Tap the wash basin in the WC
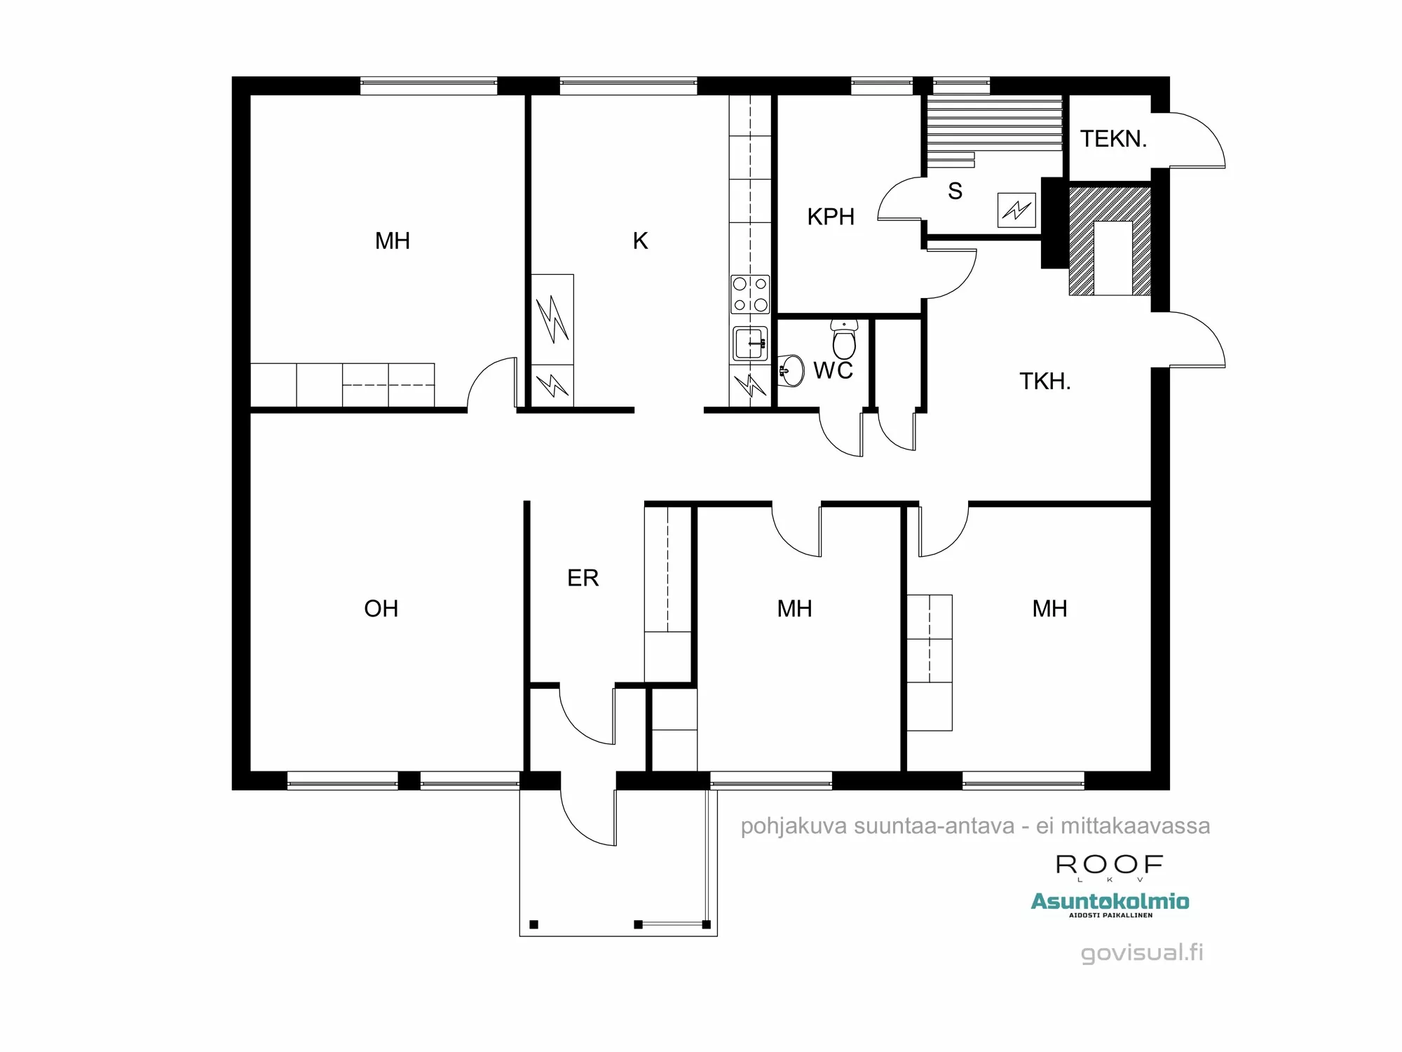[x=791, y=370]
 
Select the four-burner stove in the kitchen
[x=750, y=294]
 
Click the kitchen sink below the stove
[x=750, y=344]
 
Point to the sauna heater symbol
[x=1016, y=210]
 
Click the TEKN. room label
[x=1113, y=139]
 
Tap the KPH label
[x=831, y=217]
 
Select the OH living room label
[x=381, y=608]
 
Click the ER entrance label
[x=583, y=578]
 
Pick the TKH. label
[x=1044, y=382]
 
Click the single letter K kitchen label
[x=640, y=241]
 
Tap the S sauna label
[x=955, y=191]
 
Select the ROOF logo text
[x=1109, y=864]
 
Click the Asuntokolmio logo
[x=1110, y=901]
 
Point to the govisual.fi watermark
[x=1141, y=952]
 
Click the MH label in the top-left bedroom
[x=392, y=241]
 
